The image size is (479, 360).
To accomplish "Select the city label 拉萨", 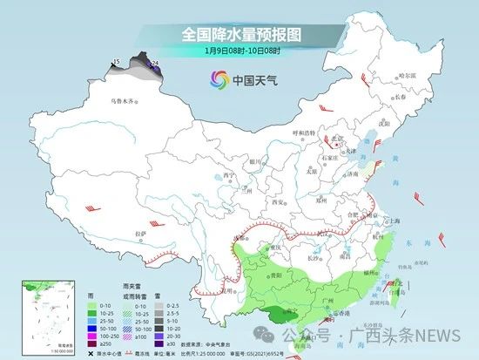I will [141, 234].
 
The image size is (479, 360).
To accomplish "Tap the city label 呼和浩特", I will [306, 132].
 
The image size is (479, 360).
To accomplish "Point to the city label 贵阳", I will [277, 272].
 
